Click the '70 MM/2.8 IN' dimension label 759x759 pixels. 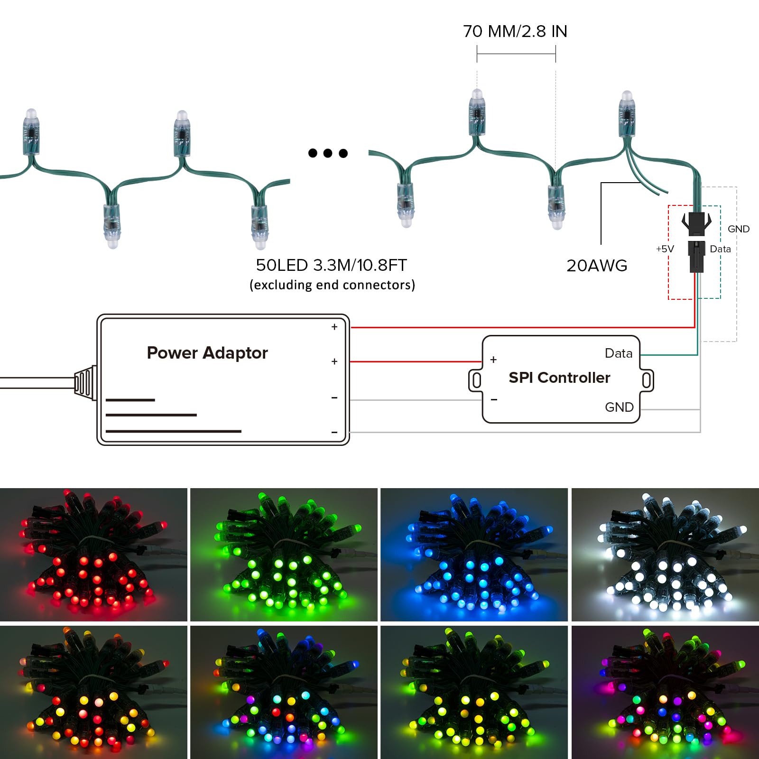click(x=515, y=31)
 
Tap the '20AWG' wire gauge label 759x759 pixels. click(x=597, y=266)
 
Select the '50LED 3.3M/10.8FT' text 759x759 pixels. click(x=332, y=265)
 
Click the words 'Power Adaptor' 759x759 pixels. click(x=207, y=353)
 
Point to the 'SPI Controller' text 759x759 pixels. click(x=559, y=378)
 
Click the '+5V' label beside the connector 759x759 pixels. click(x=665, y=249)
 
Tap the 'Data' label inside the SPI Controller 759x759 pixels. click(x=619, y=353)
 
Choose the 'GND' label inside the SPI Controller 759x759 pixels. click(x=619, y=407)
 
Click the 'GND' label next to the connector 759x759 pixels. click(x=739, y=229)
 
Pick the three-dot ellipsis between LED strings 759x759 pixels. click(x=328, y=153)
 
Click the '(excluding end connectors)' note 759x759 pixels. click(x=332, y=285)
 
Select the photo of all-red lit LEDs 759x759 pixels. click(x=93, y=555)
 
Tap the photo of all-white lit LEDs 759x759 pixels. click(x=665, y=555)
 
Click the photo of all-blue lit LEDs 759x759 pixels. click(x=474, y=555)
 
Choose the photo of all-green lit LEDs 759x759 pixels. click(x=284, y=555)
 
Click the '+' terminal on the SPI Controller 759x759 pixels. click(x=493, y=360)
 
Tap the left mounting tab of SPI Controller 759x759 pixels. click(x=476, y=380)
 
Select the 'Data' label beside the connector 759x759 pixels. click(x=720, y=249)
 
